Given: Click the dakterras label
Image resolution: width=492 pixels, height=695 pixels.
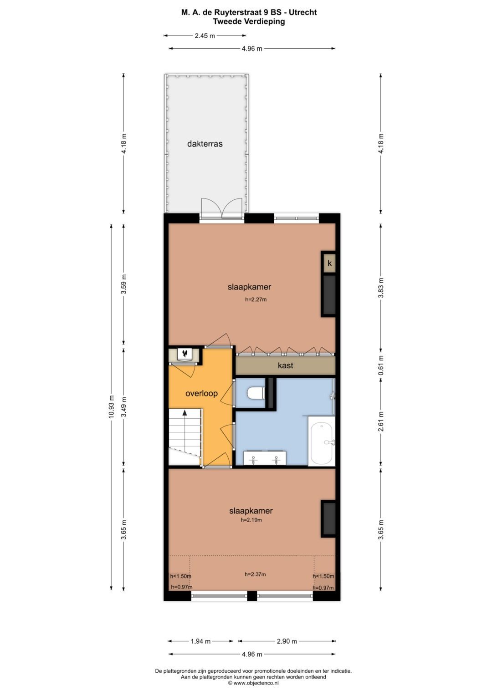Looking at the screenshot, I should pos(205,144).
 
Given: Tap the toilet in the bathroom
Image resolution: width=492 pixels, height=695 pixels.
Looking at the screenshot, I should pos(256,393).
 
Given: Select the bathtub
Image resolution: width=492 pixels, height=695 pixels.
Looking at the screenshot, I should pos(322,442).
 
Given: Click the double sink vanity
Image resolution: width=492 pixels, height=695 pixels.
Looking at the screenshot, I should pos(265,458).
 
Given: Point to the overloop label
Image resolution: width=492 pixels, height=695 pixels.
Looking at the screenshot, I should pos(201,393).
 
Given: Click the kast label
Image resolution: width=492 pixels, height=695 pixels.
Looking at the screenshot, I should pos(285,365).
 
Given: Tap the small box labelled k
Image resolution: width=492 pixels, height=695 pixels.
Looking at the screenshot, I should pos(329,264).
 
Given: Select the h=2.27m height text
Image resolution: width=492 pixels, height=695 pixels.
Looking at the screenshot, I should pos(256,299).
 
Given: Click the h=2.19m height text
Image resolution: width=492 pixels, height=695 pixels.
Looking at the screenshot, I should pos(251,520).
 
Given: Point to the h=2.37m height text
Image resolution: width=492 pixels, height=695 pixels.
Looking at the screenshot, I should pos(255,574).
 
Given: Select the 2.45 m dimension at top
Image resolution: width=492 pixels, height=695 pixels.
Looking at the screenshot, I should pos(205,36).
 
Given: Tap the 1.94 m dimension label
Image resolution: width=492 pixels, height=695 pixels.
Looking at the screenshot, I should pos(200,641).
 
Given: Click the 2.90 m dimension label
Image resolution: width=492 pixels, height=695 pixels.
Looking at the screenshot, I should pos(287,641).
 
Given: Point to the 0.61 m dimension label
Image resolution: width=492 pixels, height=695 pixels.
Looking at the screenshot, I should pos(381,365).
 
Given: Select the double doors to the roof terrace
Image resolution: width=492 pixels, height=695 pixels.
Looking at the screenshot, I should pos(221,209).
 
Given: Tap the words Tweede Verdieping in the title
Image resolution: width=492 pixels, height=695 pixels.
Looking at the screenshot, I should pos(249,21).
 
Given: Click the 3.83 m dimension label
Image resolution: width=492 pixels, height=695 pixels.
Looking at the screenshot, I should pos(381,288).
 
